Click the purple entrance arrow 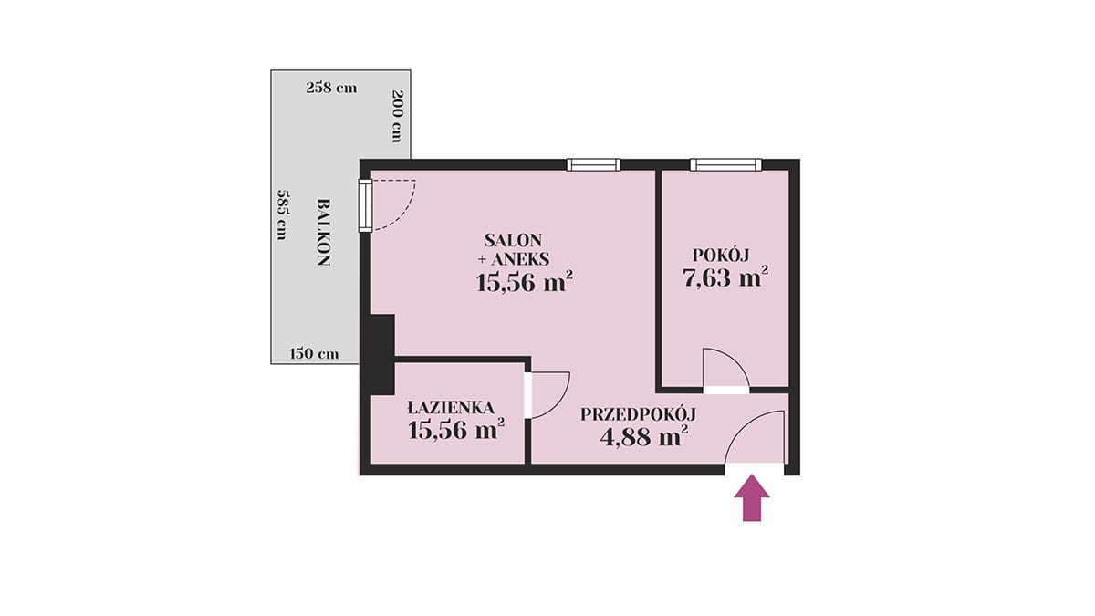click(x=752, y=498)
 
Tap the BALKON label click(x=324, y=232)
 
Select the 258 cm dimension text click(x=331, y=88)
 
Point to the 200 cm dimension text click(x=398, y=116)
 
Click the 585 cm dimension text click(x=282, y=214)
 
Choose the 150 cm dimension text click(x=314, y=353)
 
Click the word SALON click(x=513, y=241)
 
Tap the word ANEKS click(x=521, y=259)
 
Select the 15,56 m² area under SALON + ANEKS click(x=525, y=282)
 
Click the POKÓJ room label click(x=721, y=255)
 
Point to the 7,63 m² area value click(x=725, y=277)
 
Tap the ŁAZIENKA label click(x=451, y=407)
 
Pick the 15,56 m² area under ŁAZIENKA click(x=456, y=430)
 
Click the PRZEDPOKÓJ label click(x=638, y=414)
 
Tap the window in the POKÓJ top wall click(x=726, y=165)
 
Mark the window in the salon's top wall click(x=593, y=165)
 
